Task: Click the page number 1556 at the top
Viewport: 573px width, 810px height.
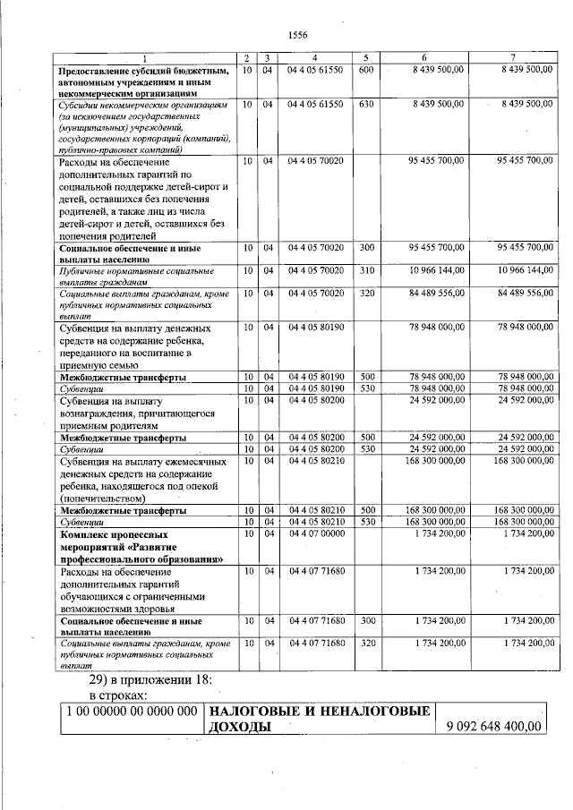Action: click(x=297, y=35)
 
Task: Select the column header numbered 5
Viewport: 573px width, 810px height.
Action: click(x=365, y=57)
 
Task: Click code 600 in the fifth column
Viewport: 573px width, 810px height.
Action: click(x=365, y=69)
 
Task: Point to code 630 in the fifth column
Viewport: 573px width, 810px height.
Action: click(x=365, y=105)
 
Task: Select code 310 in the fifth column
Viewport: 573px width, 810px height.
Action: click(x=365, y=269)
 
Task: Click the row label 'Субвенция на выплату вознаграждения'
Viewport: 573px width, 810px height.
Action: click(x=139, y=414)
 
